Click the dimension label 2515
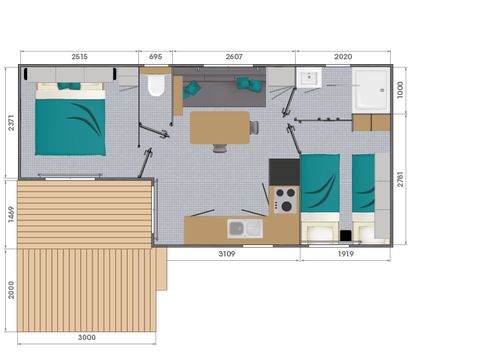(x=80, y=57)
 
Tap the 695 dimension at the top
(x=156, y=57)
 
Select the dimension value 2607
(x=234, y=57)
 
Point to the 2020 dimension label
(x=342, y=57)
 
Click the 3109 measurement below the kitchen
(x=227, y=256)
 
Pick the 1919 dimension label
(x=347, y=256)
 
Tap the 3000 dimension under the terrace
(x=88, y=338)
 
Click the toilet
(x=155, y=86)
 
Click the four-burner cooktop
(x=283, y=200)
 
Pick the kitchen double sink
(x=245, y=229)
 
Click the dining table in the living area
(x=218, y=126)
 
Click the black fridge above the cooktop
(x=284, y=171)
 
